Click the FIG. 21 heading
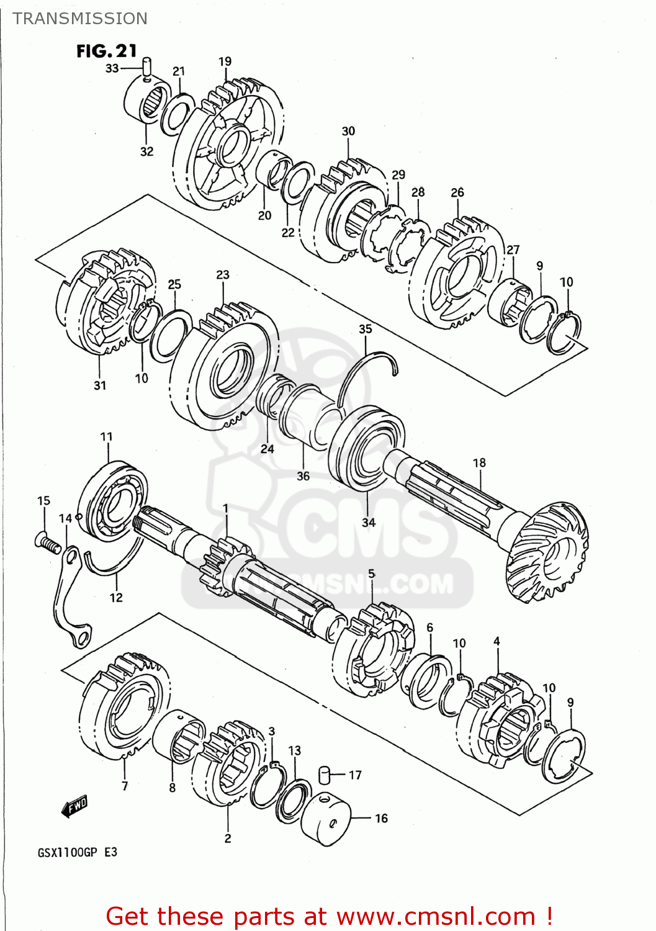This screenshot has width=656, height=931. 106,51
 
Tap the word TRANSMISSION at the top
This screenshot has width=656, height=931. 80,19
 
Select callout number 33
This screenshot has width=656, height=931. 112,68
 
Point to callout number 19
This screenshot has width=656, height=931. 225,61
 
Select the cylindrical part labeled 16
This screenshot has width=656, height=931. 326,818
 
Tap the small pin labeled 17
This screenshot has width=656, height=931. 323,775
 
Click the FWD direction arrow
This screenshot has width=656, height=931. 74,807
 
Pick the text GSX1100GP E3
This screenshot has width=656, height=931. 78,852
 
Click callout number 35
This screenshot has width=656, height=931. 366,329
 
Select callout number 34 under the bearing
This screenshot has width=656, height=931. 369,522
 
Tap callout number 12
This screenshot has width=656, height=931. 116,598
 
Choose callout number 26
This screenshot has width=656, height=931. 457,192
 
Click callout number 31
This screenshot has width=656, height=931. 100,385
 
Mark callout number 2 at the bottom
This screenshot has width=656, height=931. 228,839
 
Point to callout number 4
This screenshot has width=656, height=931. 496,641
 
